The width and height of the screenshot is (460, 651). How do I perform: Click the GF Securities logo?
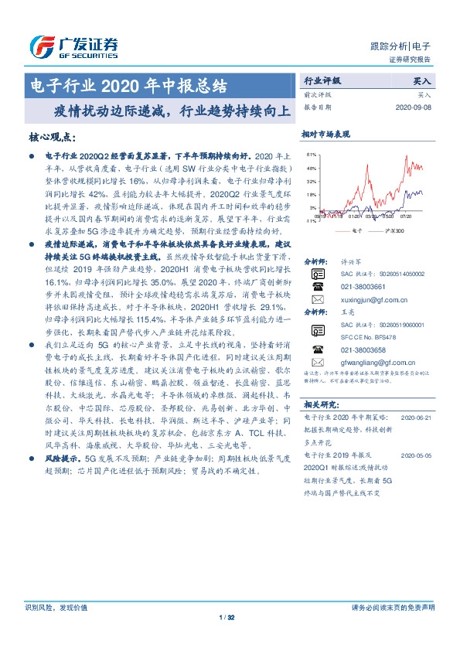coord(73,46)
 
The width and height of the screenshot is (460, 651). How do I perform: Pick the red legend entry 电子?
coord(350,230)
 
